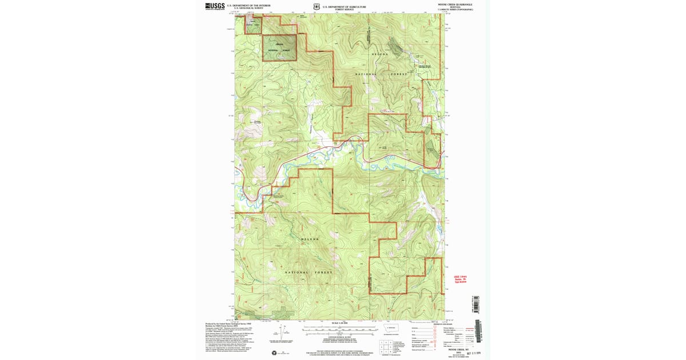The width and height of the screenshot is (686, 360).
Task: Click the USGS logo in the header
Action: [215, 6]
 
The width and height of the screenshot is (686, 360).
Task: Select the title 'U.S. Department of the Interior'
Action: [245, 5]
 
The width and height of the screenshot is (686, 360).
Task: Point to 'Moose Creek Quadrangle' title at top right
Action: [456, 5]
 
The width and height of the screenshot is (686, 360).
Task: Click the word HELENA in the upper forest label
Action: [382, 54]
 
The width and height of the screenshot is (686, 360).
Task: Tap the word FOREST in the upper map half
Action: [399, 75]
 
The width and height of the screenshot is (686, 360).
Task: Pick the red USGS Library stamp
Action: [461, 279]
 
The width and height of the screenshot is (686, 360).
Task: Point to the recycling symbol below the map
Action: [274, 353]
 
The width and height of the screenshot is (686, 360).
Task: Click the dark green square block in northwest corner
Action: [280, 47]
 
